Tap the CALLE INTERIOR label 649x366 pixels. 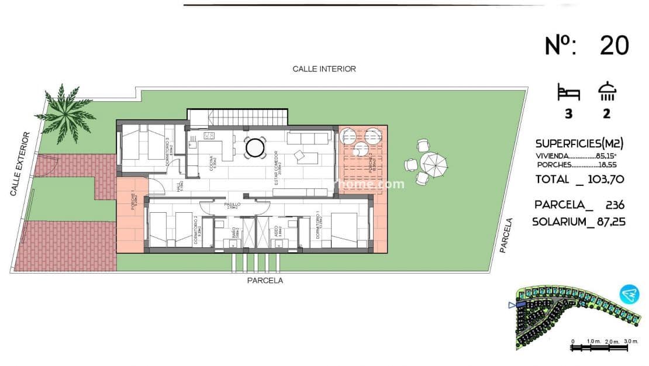[324, 69]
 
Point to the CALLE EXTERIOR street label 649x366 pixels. [20, 164]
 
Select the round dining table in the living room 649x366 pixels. [255, 147]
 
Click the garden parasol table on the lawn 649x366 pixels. [434, 164]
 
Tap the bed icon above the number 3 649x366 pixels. [568, 92]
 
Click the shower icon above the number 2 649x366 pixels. [607, 91]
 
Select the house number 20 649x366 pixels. [614, 46]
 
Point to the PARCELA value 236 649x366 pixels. [615, 205]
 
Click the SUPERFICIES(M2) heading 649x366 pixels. [579, 143]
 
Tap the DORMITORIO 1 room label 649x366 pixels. [318, 226]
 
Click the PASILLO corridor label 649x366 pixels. [233, 205]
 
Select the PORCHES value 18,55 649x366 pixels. [610, 166]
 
